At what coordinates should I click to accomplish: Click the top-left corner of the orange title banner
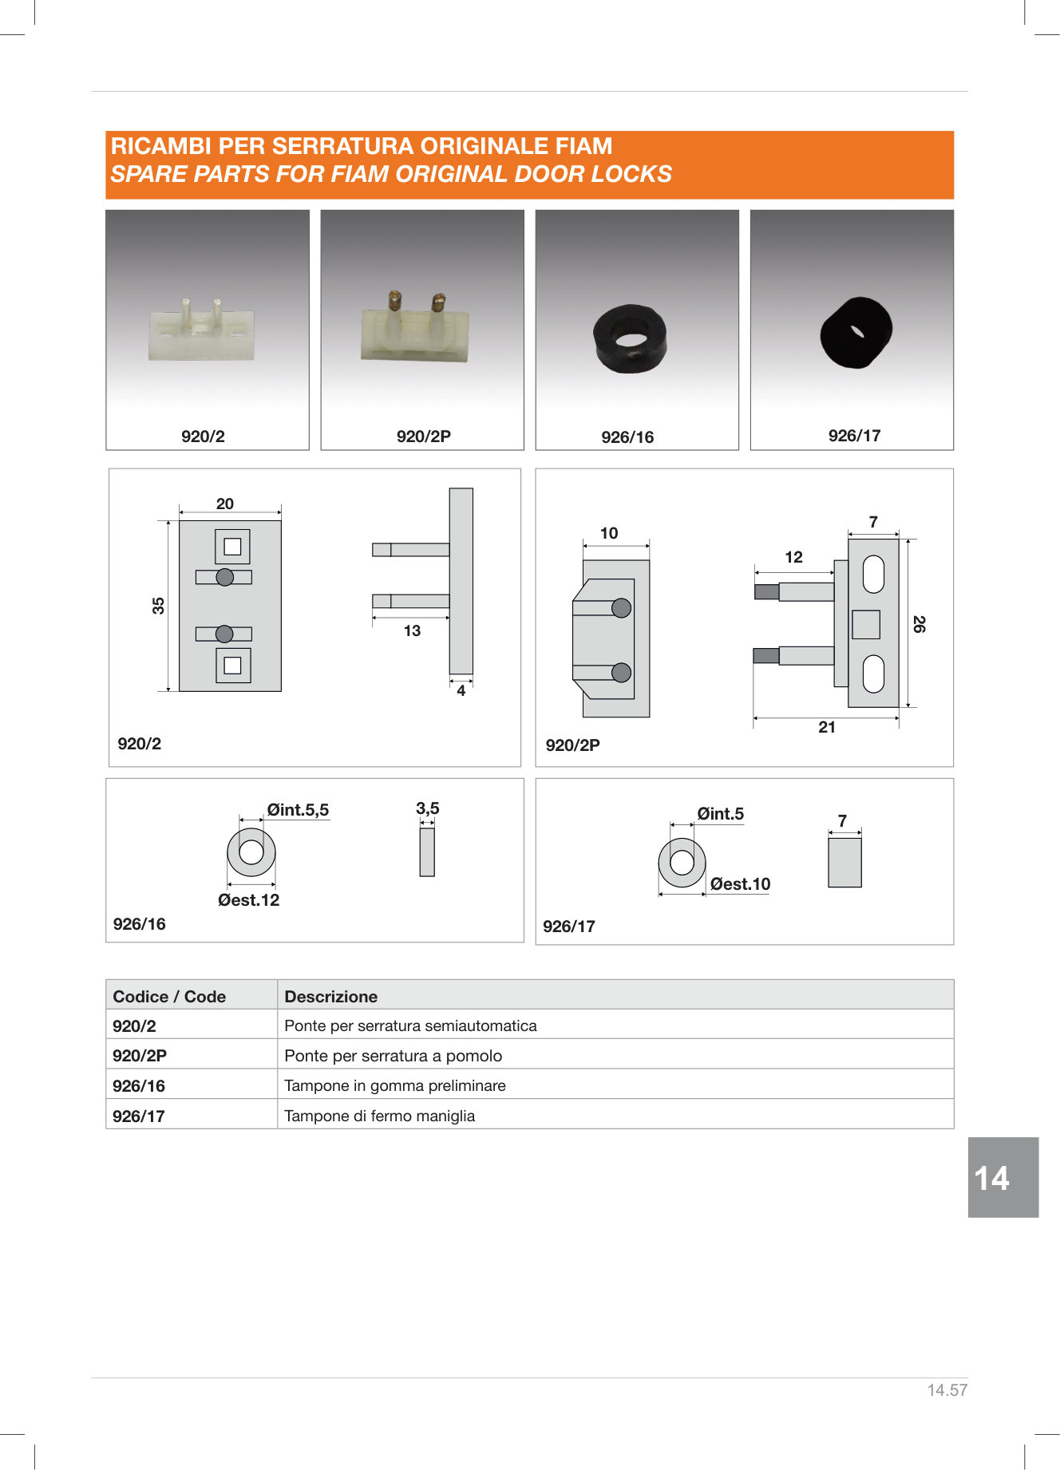coord(106,132)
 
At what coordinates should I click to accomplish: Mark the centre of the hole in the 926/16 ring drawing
coord(251,852)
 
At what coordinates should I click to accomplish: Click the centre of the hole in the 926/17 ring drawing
coord(682,863)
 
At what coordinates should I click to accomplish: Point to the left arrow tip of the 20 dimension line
coord(180,512)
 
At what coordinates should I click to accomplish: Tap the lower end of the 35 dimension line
coord(168,690)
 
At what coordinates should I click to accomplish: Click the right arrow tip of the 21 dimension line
coord(899,718)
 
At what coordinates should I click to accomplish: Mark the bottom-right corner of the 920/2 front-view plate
coord(281,691)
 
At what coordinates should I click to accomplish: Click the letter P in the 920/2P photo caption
coord(445,437)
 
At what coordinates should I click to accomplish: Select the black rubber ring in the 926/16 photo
coord(631,338)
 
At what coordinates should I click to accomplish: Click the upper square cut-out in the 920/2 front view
coord(232,547)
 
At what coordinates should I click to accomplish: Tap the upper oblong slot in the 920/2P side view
coord(874,575)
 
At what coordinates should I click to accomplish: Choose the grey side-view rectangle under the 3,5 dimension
coord(427,852)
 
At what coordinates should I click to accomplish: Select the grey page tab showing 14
coord(1003,1177)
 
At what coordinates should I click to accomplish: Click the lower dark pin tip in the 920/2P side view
coord(766,656)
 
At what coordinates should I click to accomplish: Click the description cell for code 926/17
coord(615,1114)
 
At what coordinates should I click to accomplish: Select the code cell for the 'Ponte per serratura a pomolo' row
coord(192,1054)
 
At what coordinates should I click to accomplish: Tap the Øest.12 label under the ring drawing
coord(249,900)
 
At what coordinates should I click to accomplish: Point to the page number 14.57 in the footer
coord(947,1390)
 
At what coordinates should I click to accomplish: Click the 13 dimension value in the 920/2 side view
coord(412,631)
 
